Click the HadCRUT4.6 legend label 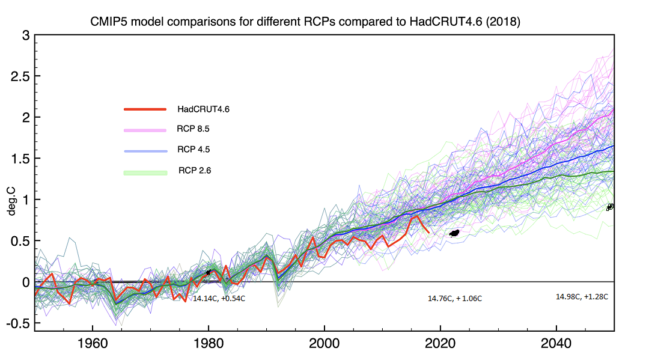(x=204, y=109)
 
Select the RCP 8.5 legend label (x=193, y=129)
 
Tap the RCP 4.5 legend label (x=193, y=150)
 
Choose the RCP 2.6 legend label (x=194, y=171)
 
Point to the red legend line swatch (x=145, y=109)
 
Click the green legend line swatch (x=145, y=173)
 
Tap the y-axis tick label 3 (x=26, y=35)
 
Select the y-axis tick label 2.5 (x=20, y=76)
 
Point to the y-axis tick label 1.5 (x=20, y=159)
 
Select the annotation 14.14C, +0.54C (x=219, y=298)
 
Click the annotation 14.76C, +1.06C (x=455, y=298)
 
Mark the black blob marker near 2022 (x=454, y=233)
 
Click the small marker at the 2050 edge (x=610, y=207)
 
